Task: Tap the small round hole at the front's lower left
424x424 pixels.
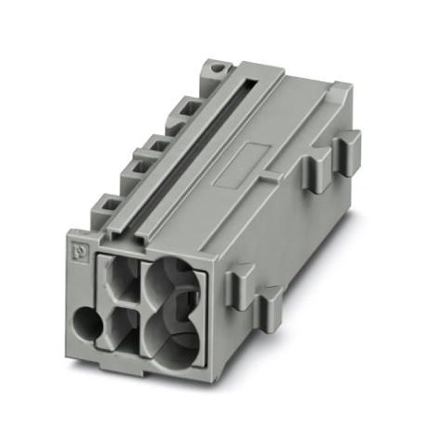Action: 89,326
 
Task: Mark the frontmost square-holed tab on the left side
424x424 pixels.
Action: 104,205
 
